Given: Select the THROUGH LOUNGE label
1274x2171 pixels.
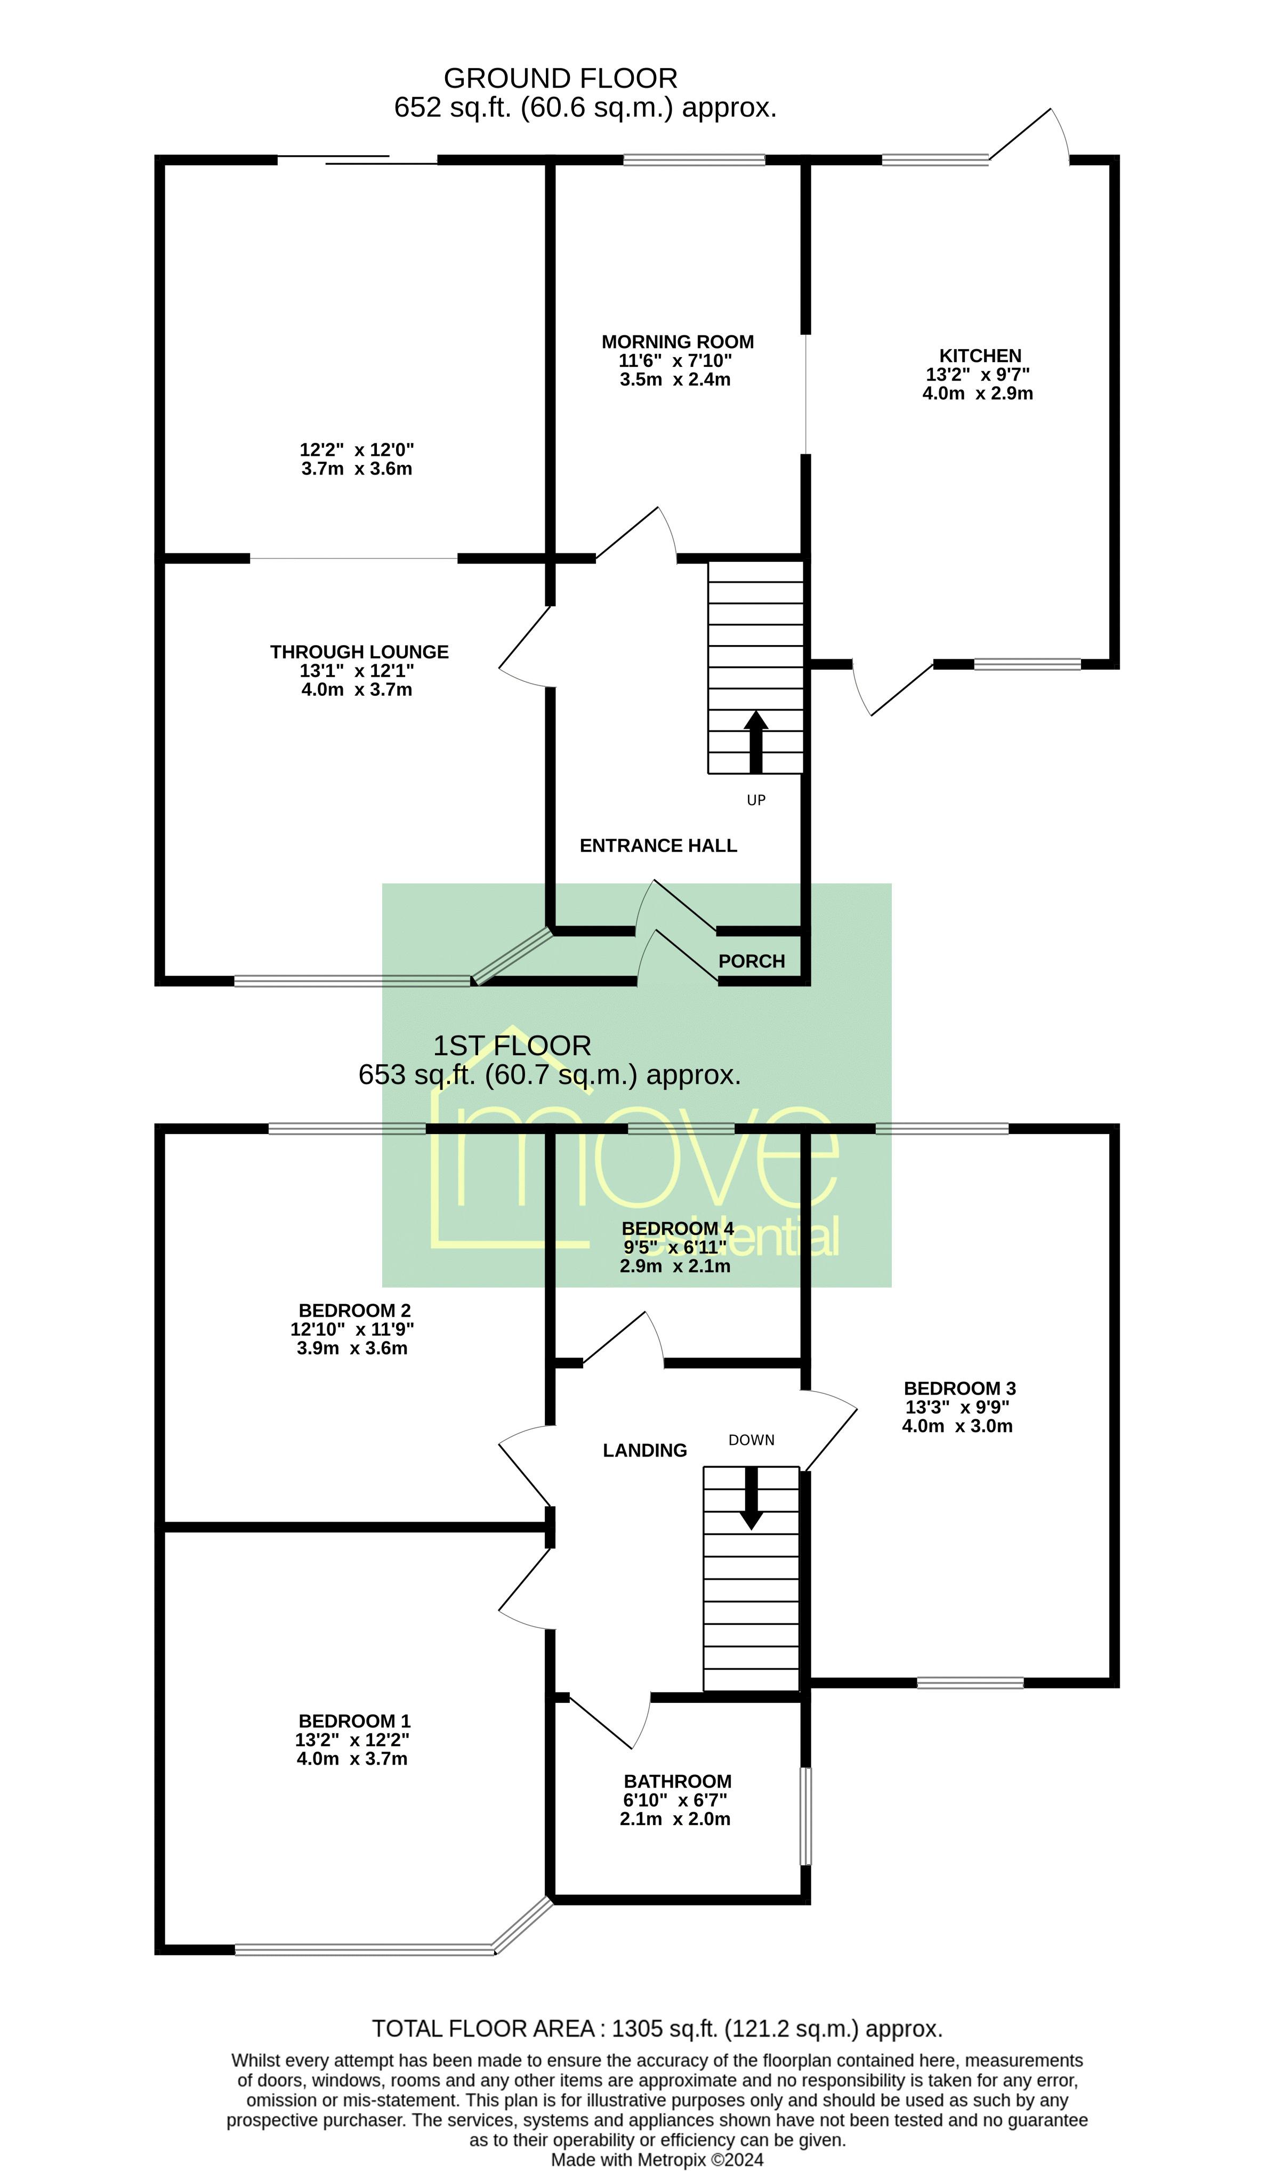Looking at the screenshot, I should [x=359, y=652].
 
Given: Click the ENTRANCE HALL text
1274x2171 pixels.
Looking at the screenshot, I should [x=658, y=846].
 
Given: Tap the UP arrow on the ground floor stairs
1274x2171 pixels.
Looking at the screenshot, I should [x=755, y=741].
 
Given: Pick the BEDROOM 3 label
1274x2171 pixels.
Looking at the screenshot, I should [x=959, y=1389].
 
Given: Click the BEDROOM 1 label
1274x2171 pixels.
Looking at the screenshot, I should [x=354, y=1722].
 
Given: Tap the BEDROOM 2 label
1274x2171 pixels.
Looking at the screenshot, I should [x=354, y=1310].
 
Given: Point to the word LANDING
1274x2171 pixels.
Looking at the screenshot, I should [x=644, y=1451].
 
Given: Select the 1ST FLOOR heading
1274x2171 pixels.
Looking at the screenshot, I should [x=512, y=1046].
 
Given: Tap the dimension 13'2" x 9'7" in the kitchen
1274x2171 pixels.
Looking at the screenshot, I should [x=978, y=375].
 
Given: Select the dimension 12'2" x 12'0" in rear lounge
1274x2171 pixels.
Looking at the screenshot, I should [x=357, y=449].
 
